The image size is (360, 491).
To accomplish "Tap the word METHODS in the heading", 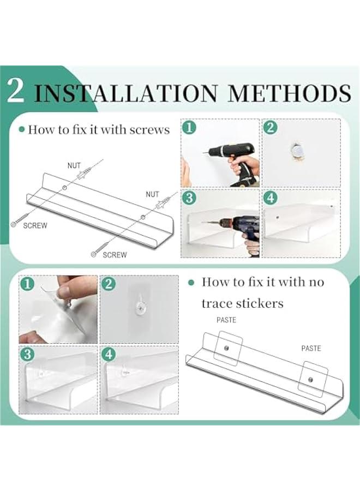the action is (290, 93).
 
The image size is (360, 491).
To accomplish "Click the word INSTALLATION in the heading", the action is (125, 93).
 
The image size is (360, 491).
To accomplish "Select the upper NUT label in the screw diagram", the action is (74, 165).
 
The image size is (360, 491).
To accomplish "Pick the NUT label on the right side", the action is (152, 194).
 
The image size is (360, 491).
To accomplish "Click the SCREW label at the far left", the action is (35, 225).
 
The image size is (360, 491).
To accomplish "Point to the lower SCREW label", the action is (115, 255).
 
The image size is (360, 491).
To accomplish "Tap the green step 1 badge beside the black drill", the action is (189, 128).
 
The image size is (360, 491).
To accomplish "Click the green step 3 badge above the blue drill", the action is (189, 198).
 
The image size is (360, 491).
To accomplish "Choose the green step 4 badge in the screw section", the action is (271, 198).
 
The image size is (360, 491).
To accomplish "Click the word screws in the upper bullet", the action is (149, 130).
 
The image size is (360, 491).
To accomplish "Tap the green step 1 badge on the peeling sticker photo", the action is (27, 284).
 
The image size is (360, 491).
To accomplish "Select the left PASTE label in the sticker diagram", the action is (226, 320).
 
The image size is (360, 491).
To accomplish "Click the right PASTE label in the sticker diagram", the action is (311, 348).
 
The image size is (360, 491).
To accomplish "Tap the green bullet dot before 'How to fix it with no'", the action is (191, 283).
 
